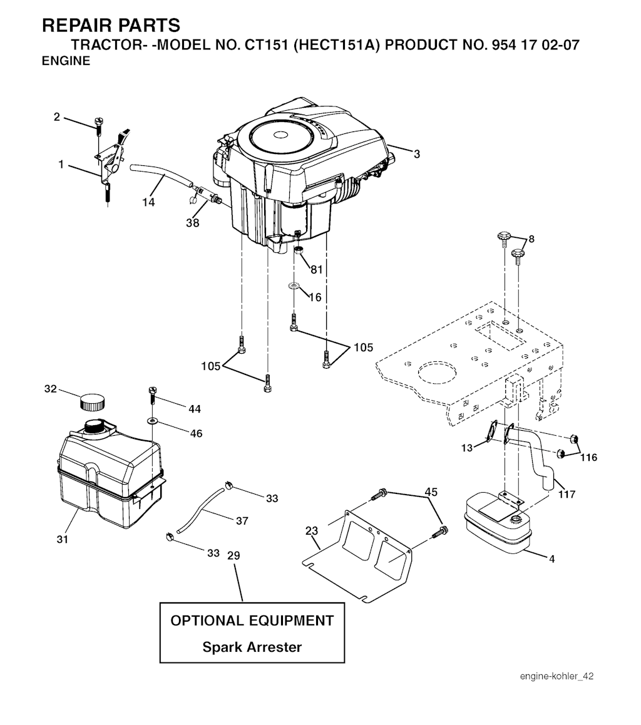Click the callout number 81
click(x=317, y=269)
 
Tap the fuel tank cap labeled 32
click(x=92, y=401)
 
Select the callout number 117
click(x=567, y=494)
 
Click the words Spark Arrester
click(x=252, y=647)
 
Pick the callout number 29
click(x=234, y=555)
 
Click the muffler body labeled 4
click(x=498, y=523)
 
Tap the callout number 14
click(x=148, y=202)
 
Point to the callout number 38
click(x=193, y=223)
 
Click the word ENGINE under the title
click(x=66, y=61)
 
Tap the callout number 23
click(x=312, y=531)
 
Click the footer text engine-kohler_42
click(x=556, y=676)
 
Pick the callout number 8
click(x=531, y=239)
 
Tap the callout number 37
click(x=242, y=521)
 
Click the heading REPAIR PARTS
click(x=111, y=26)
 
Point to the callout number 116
click(x=588, y=457)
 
